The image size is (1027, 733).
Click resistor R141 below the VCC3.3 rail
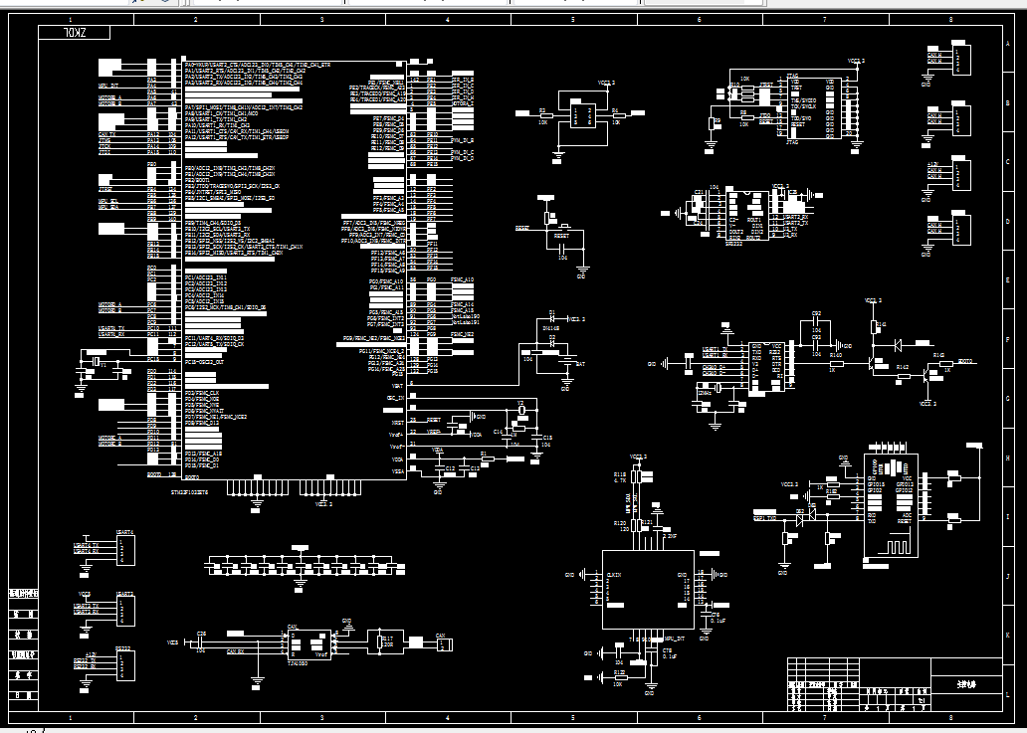pos(875,325)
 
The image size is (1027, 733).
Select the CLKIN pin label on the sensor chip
pos(614,575)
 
